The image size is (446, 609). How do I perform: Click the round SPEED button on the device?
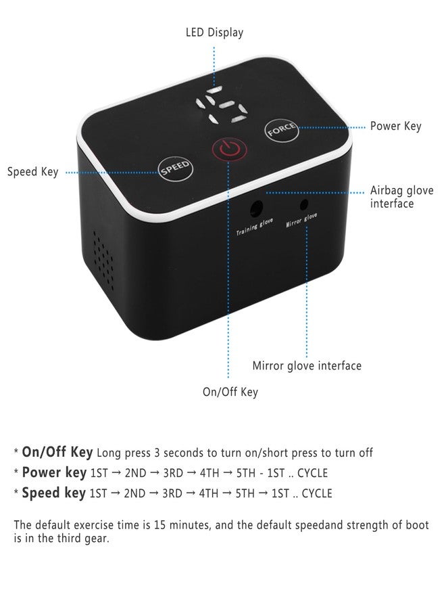[176, 168]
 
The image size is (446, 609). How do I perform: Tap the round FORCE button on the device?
[282, 130]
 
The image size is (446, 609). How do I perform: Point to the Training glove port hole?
[255, 208]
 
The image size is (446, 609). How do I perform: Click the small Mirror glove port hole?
[304, 204]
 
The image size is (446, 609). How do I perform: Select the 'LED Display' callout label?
[214, 32]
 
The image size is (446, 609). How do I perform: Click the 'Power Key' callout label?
[395, 126]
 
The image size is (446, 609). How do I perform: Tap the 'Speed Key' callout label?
[33, 172]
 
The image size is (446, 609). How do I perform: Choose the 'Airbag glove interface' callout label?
[402, 197]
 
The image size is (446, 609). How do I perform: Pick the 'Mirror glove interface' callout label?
[307, 366]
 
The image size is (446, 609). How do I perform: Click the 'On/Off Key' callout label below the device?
[230, 392]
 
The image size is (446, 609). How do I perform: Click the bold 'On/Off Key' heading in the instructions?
[57, 452]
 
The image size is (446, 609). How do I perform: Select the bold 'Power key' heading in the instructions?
[54, 472]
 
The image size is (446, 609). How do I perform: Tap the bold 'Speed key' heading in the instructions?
[54, 493]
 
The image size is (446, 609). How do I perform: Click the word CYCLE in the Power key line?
[312, 473]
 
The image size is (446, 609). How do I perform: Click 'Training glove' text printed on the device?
[255, 227]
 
